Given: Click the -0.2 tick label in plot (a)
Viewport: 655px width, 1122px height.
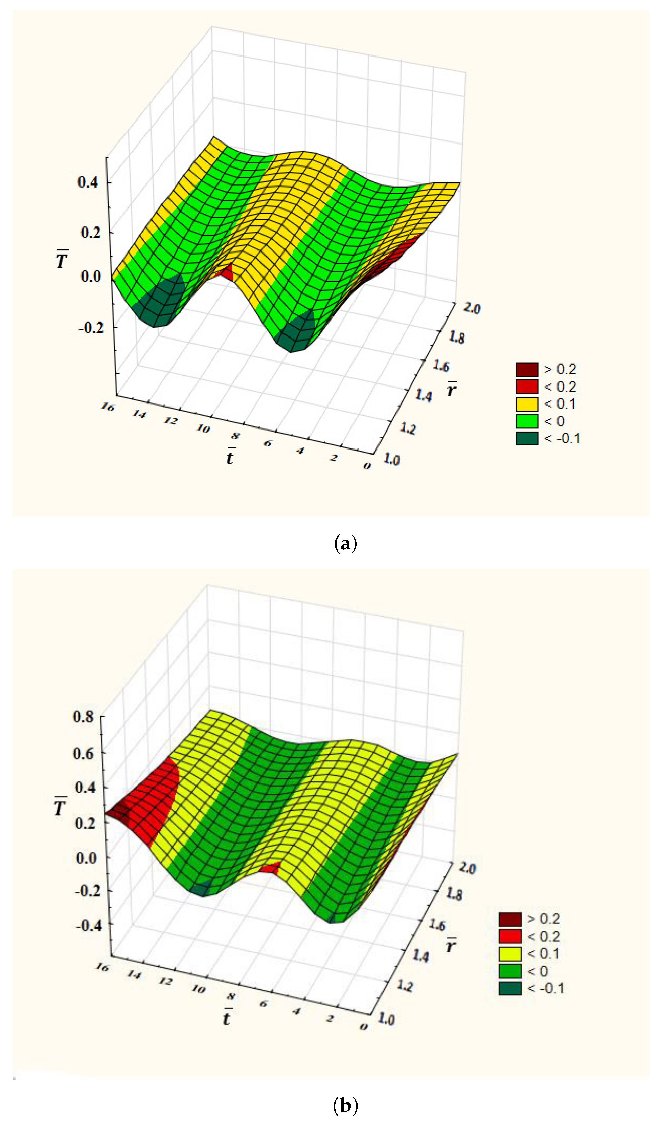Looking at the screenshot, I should click(91, 328).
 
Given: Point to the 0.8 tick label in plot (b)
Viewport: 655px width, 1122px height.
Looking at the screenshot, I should click(83, 717).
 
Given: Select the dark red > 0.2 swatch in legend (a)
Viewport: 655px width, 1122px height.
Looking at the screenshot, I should click(526, 370).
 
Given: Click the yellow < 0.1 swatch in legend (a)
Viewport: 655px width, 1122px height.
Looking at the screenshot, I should click(526, 404).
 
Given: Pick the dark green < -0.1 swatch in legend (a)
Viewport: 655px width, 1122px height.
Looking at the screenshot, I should click(526, 438).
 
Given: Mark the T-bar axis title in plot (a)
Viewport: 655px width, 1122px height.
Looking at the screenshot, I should click(62, 260).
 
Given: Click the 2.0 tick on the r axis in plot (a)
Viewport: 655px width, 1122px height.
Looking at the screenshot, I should click(472, 308).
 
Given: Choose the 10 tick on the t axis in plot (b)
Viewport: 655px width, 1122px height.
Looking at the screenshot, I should click(198, 989).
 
